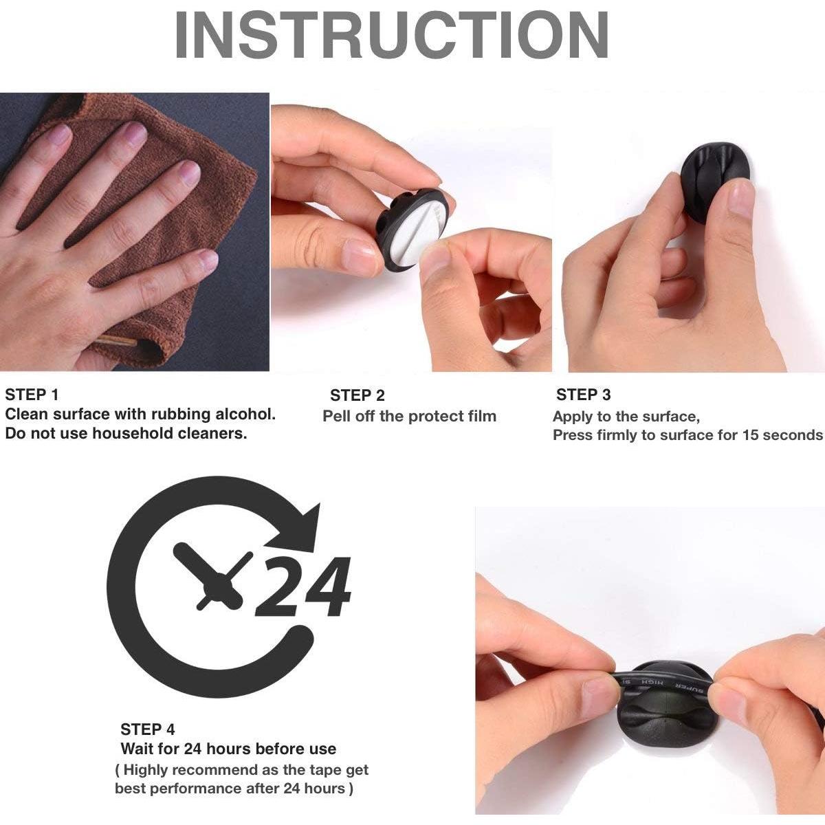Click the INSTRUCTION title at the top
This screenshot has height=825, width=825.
point(391,34)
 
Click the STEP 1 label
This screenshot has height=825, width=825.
point(31,395)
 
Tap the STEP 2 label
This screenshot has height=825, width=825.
point(357,395)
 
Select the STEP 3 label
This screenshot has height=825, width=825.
point(583,395)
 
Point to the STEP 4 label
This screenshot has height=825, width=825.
point(147,729)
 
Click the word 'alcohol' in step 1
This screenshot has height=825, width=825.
point(245,414)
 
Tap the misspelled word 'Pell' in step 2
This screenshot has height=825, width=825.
point(336,416)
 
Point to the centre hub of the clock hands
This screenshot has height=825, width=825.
point(219,586)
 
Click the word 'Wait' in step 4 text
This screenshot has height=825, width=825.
point(137,749)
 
